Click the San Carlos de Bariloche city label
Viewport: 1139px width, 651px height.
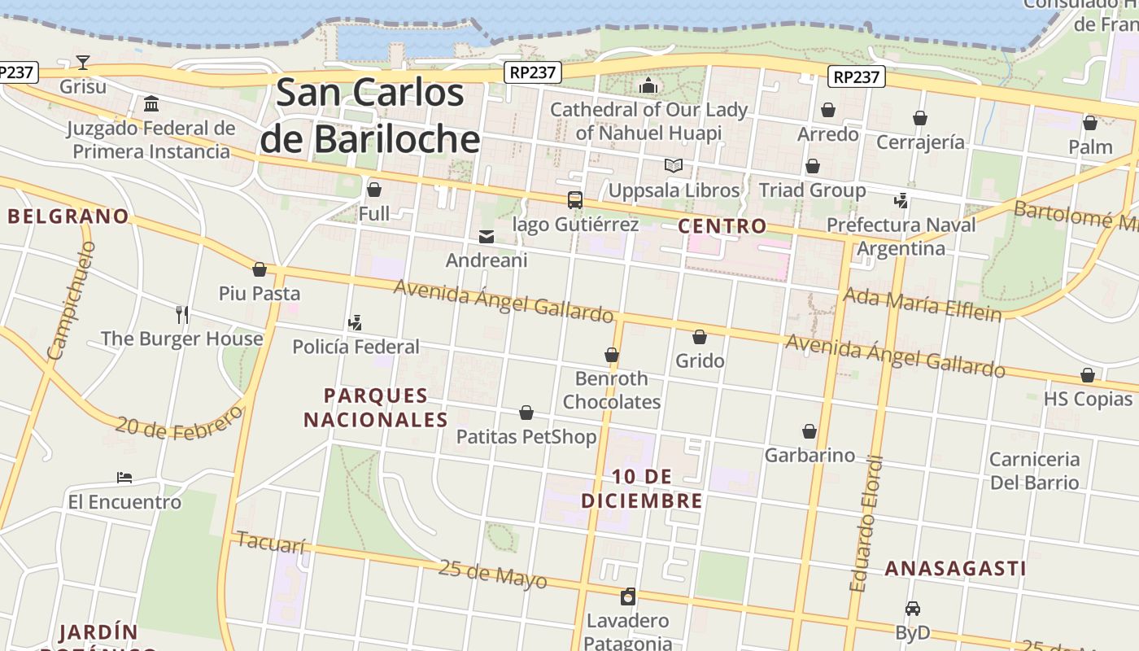(x=370, y=116)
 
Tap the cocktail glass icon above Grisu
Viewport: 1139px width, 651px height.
(x=83, y=62)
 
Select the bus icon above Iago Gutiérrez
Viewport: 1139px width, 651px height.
(x=574, y=199)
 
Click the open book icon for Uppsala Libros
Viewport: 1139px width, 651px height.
(x=674, y=166)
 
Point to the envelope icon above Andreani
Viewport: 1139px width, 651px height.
(x=487, y=237)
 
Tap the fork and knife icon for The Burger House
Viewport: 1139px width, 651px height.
(x=182, y=314)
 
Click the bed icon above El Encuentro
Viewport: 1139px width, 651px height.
(x=124, y=477)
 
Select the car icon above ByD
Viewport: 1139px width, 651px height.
(x=912, y=608)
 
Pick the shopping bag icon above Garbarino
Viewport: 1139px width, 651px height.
(x=810, y=430)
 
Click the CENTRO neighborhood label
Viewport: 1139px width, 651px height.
(x=722, y=225)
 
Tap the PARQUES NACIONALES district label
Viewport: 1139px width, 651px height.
(x=375, y=408)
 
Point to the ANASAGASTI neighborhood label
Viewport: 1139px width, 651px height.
(x=955, y=568)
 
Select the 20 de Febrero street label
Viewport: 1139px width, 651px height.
(x=178, y=422)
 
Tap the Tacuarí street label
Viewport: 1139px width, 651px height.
(x=272, y=543)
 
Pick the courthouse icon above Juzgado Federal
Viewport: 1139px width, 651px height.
(x=151, y=104)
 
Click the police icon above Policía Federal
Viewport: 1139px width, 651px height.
(x=355, y=323)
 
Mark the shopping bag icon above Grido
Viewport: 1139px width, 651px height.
(x=700, y=336)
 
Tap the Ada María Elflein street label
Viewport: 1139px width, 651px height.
(x=922, y=304)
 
